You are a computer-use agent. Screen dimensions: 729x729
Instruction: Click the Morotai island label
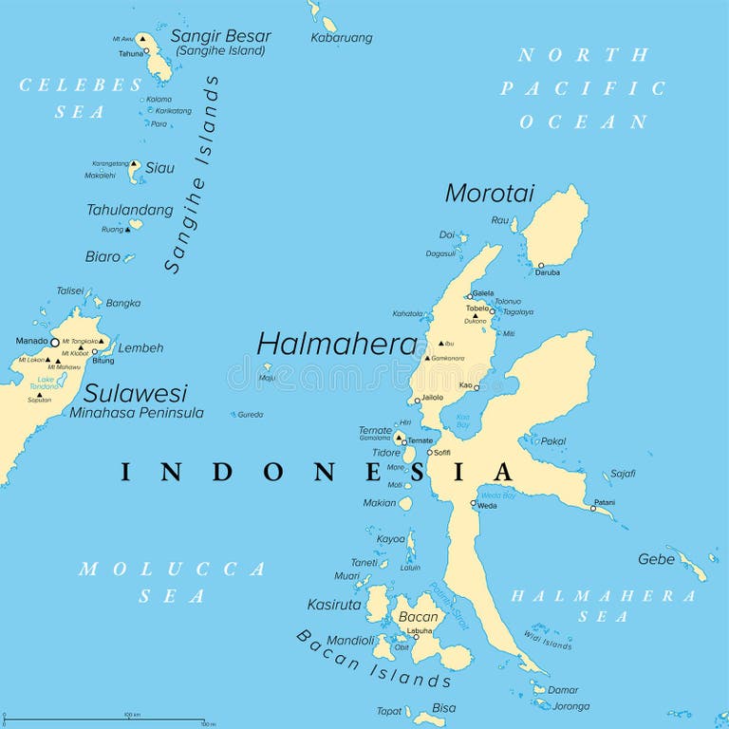click(490, 194)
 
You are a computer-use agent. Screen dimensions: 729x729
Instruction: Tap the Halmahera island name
click(337, 345)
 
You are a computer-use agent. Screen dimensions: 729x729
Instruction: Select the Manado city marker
click(54, 342)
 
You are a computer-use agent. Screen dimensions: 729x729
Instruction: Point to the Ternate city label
click(420, 440)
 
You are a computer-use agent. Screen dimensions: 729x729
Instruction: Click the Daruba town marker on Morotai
click(540, 265)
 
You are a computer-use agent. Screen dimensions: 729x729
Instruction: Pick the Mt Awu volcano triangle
click(141, 39)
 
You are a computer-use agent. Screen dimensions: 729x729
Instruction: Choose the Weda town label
click(486, 506)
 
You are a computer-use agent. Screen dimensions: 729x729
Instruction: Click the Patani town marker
click(593, 508)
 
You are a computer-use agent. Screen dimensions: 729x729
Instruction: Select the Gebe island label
click(656, 559)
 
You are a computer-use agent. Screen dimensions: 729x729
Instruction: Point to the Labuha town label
click(420, 630)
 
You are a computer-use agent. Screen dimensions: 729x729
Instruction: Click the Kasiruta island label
click(334, 605)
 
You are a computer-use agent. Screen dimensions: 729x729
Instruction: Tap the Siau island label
click(159, 168)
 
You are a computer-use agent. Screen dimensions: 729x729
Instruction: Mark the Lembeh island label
click(140, 348)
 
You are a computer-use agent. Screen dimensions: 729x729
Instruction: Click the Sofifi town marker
click(429, 453)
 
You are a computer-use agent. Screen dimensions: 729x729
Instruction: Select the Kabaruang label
click(342, 38)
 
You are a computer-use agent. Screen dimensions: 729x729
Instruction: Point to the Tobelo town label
click(477, 308)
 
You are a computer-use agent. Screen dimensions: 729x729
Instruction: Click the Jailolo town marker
click(417, 401)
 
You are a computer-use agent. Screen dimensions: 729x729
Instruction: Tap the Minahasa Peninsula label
click(137, 413)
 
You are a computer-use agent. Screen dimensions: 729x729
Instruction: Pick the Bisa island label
click(443, 708)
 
